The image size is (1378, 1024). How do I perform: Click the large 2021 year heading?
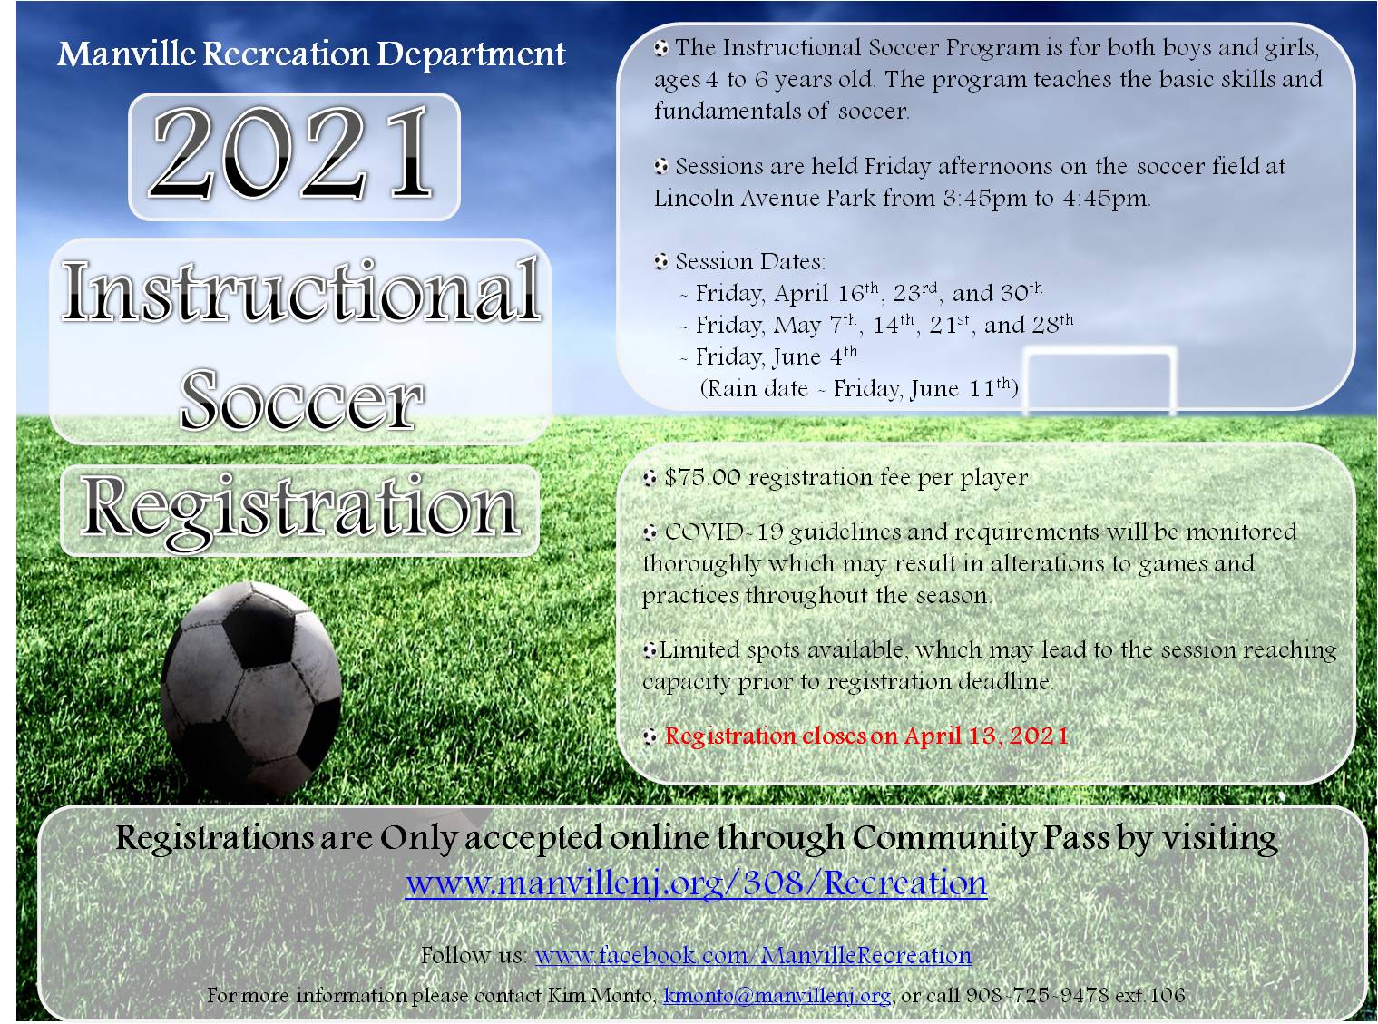pos(292,154)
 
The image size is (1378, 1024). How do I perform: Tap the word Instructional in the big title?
pos(301,292)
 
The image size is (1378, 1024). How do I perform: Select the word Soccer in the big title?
pos(301,400)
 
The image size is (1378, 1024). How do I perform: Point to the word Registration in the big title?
pos(300,507)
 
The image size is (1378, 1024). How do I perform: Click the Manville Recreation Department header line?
pos(311,54)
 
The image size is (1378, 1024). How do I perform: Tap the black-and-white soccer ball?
pos(250,689)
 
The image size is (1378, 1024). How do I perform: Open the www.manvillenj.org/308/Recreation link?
pos(696,883)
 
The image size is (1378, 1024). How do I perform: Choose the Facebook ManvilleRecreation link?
pos(753,955)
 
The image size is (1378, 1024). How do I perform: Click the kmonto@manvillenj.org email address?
pos(777,995)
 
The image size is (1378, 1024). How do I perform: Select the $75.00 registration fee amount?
pos(702,478)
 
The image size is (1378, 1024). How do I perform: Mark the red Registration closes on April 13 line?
pos(866,736)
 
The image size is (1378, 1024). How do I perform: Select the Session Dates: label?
pos(750,262)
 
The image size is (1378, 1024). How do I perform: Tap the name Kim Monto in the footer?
pos(601,995)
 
